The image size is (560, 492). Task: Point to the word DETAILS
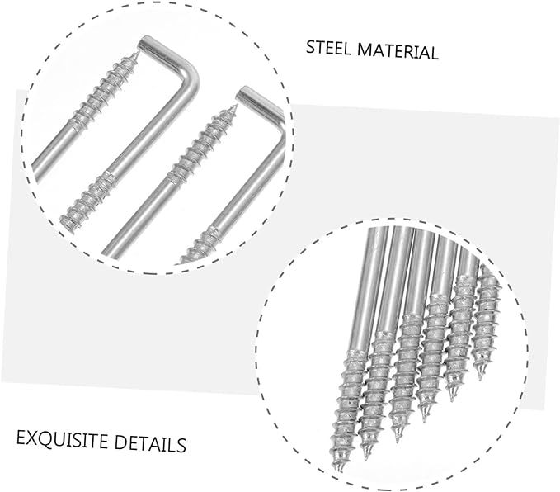153,444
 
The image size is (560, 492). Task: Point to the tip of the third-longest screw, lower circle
397,438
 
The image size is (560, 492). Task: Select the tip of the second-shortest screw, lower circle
453,400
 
